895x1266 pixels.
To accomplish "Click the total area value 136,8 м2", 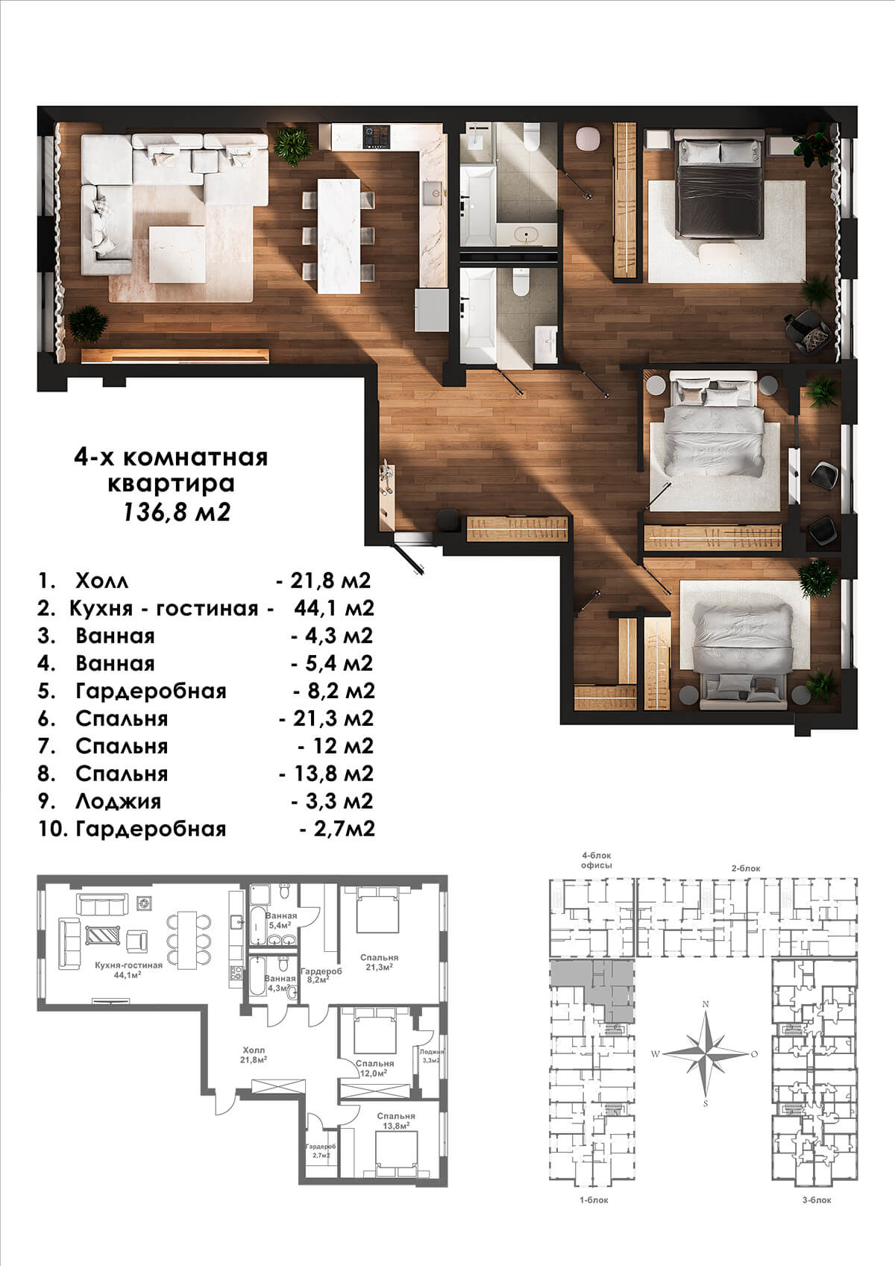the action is tap(177, 513).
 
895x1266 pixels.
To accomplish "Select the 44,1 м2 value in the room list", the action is tap(334, 608).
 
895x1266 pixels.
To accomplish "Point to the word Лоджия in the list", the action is tap(118, 801).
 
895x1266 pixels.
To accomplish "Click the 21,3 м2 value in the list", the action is tap(327, 718).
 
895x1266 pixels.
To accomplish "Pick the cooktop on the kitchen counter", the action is tap(377, 137).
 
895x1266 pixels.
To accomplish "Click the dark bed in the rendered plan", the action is tap(720, 190).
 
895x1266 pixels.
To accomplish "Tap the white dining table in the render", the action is tap(339, 236).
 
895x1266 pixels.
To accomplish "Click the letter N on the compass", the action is tap(705, 1004).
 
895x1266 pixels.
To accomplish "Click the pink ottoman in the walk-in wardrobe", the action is tap(587, 140).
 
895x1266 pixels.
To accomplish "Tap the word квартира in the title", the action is tap(171, 483).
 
